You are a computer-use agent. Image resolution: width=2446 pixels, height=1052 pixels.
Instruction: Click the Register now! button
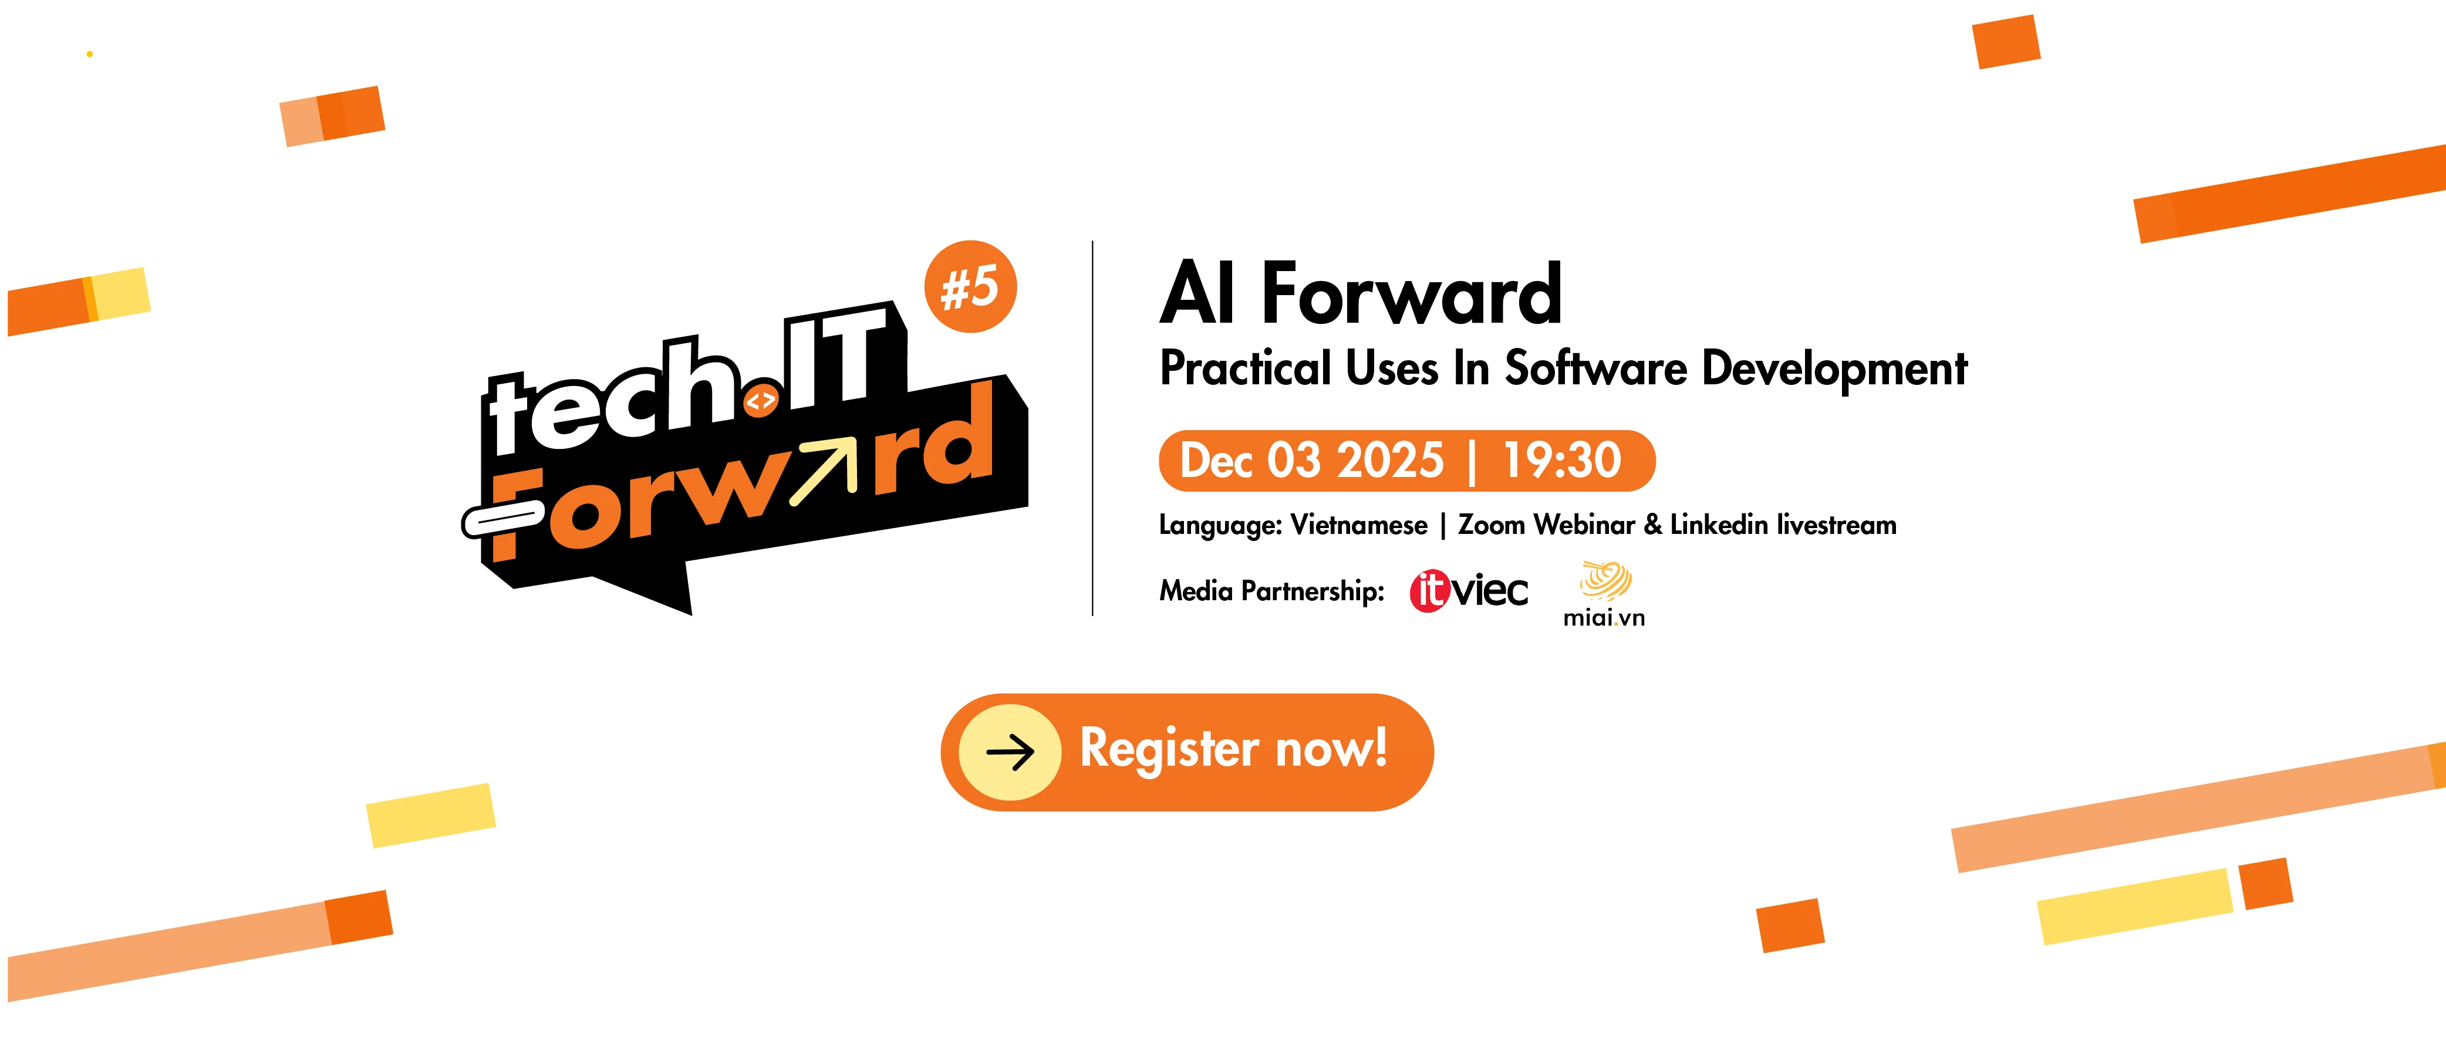[x=1187, y=752]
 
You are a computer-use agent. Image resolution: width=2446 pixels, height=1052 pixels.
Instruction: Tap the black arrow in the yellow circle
[x=1010, y=753]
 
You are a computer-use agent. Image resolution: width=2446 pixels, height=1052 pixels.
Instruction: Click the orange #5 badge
[x=970, y=287]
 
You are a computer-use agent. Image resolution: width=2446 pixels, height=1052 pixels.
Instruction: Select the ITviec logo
[x=1469, y=591]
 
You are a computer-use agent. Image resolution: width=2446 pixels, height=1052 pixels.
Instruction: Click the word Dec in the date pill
[x=1216, y=461]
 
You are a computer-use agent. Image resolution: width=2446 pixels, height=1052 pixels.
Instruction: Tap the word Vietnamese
[x=1359, y=525]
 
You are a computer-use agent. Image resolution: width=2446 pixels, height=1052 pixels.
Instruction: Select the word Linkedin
[x=1719, y=525]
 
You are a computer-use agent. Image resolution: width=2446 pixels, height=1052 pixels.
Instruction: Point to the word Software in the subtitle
[x=1596, y=368]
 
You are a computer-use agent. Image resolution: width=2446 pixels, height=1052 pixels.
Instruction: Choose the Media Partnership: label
[x=1271, y=591]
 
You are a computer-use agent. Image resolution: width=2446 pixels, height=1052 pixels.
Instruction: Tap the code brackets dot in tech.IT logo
[x=761, y=401]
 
